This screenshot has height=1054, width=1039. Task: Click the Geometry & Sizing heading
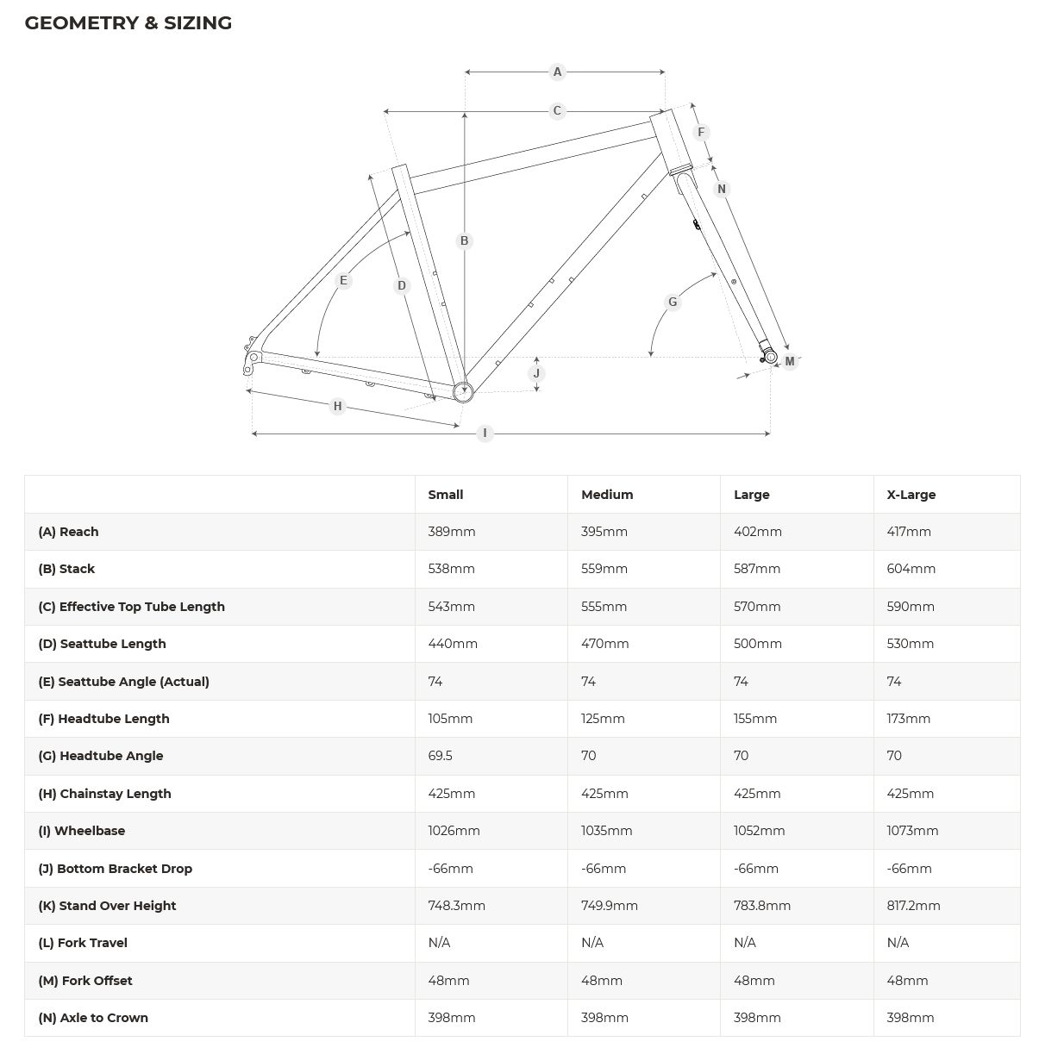click(x=128, y=23)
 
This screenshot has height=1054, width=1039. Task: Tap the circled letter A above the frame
click(x=557, y=72)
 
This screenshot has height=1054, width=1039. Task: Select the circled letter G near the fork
click(x=673, y=302)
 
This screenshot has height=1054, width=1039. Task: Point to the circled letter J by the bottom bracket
click(x=536, y=373)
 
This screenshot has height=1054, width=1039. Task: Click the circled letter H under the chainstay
click(x=337, y=406)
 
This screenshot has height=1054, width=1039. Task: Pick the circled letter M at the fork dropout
click(x=789, y=361)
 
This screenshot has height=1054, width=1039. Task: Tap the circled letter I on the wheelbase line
click(x=485, y=433)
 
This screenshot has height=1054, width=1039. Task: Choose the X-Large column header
click(x=911, y=495)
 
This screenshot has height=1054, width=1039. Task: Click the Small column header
click(x=445, y=495)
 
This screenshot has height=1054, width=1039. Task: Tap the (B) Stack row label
click(x=66, y=569)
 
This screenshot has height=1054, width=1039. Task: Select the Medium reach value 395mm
click(x=604, y=532)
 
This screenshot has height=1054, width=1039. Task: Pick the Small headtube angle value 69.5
click(x=440, y=756)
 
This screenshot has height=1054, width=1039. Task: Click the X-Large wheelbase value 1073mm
click(x=912, y=831)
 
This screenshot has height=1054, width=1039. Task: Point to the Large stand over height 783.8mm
click(x=761, y=906)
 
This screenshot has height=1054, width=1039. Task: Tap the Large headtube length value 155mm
click(x=754, y=719)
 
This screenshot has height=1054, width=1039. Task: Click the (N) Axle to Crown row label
click(x=93, y=1018)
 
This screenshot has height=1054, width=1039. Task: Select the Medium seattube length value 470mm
click(x=604, y=644)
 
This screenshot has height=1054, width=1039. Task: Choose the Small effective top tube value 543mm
click(x=451, y=607)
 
